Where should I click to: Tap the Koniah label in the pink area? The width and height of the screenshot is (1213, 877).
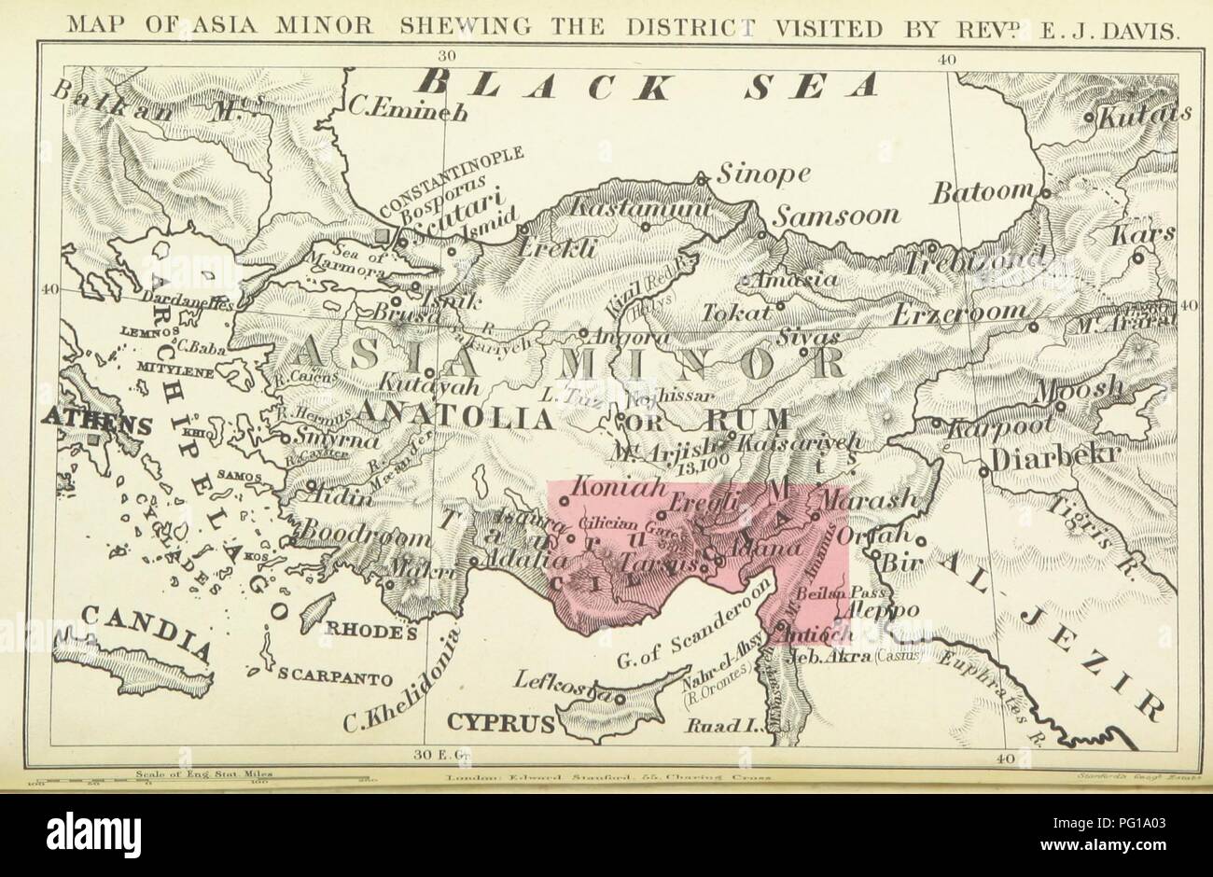pyautogui.click(x=607, y=487)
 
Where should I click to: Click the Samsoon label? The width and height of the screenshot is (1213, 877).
pyautogui.click(x=837, y=216)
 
